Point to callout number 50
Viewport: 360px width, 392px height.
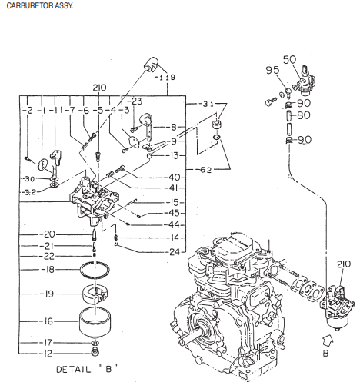tap(289, 59)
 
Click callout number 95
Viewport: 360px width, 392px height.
tap(272, 71)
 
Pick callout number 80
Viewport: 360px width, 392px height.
tap(304, 116)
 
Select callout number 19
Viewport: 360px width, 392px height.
tap(48, 294)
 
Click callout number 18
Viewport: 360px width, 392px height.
tap(48, 271)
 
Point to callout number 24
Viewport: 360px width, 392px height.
tap(174, 251)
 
